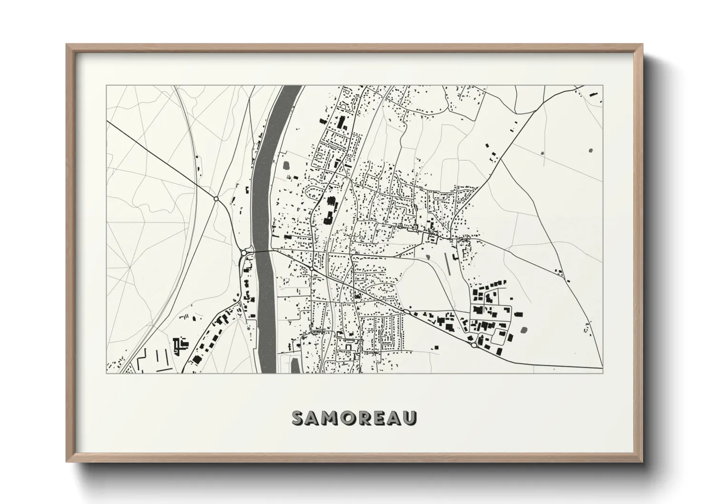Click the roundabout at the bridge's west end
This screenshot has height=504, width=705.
[x=243, y=253]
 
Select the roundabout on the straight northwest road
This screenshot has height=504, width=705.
[x=216, y=199]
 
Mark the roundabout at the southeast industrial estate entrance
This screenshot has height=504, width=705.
[x=473, y=345]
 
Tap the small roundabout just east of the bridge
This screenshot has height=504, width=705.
[x=311, y=269]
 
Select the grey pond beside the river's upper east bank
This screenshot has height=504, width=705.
[x=286, y=166]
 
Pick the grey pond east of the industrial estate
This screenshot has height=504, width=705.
[x=524, y=329]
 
